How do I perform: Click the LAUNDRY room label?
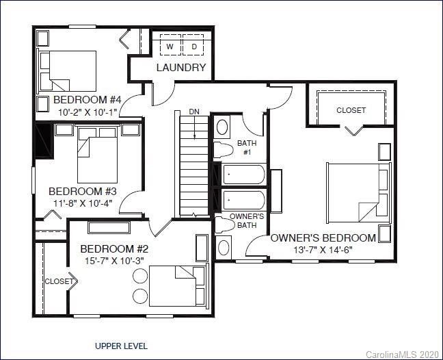point(181,67)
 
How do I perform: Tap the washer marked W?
point(170,47)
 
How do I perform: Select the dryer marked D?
point(193,47)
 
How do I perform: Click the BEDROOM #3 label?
point(83,191)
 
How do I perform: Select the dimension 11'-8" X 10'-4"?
point(83,203)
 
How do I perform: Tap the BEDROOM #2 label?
point(114,248)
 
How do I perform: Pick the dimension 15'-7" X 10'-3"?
point(114,260)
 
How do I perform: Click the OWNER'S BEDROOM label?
point(323,238)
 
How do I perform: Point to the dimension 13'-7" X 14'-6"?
point(323,250)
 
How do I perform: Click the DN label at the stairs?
point(195,111)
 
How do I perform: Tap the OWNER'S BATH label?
point(243,220)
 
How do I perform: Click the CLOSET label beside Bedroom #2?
point(59,281)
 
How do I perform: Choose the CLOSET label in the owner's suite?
point(351,110)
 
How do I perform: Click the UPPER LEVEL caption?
point(121,346)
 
